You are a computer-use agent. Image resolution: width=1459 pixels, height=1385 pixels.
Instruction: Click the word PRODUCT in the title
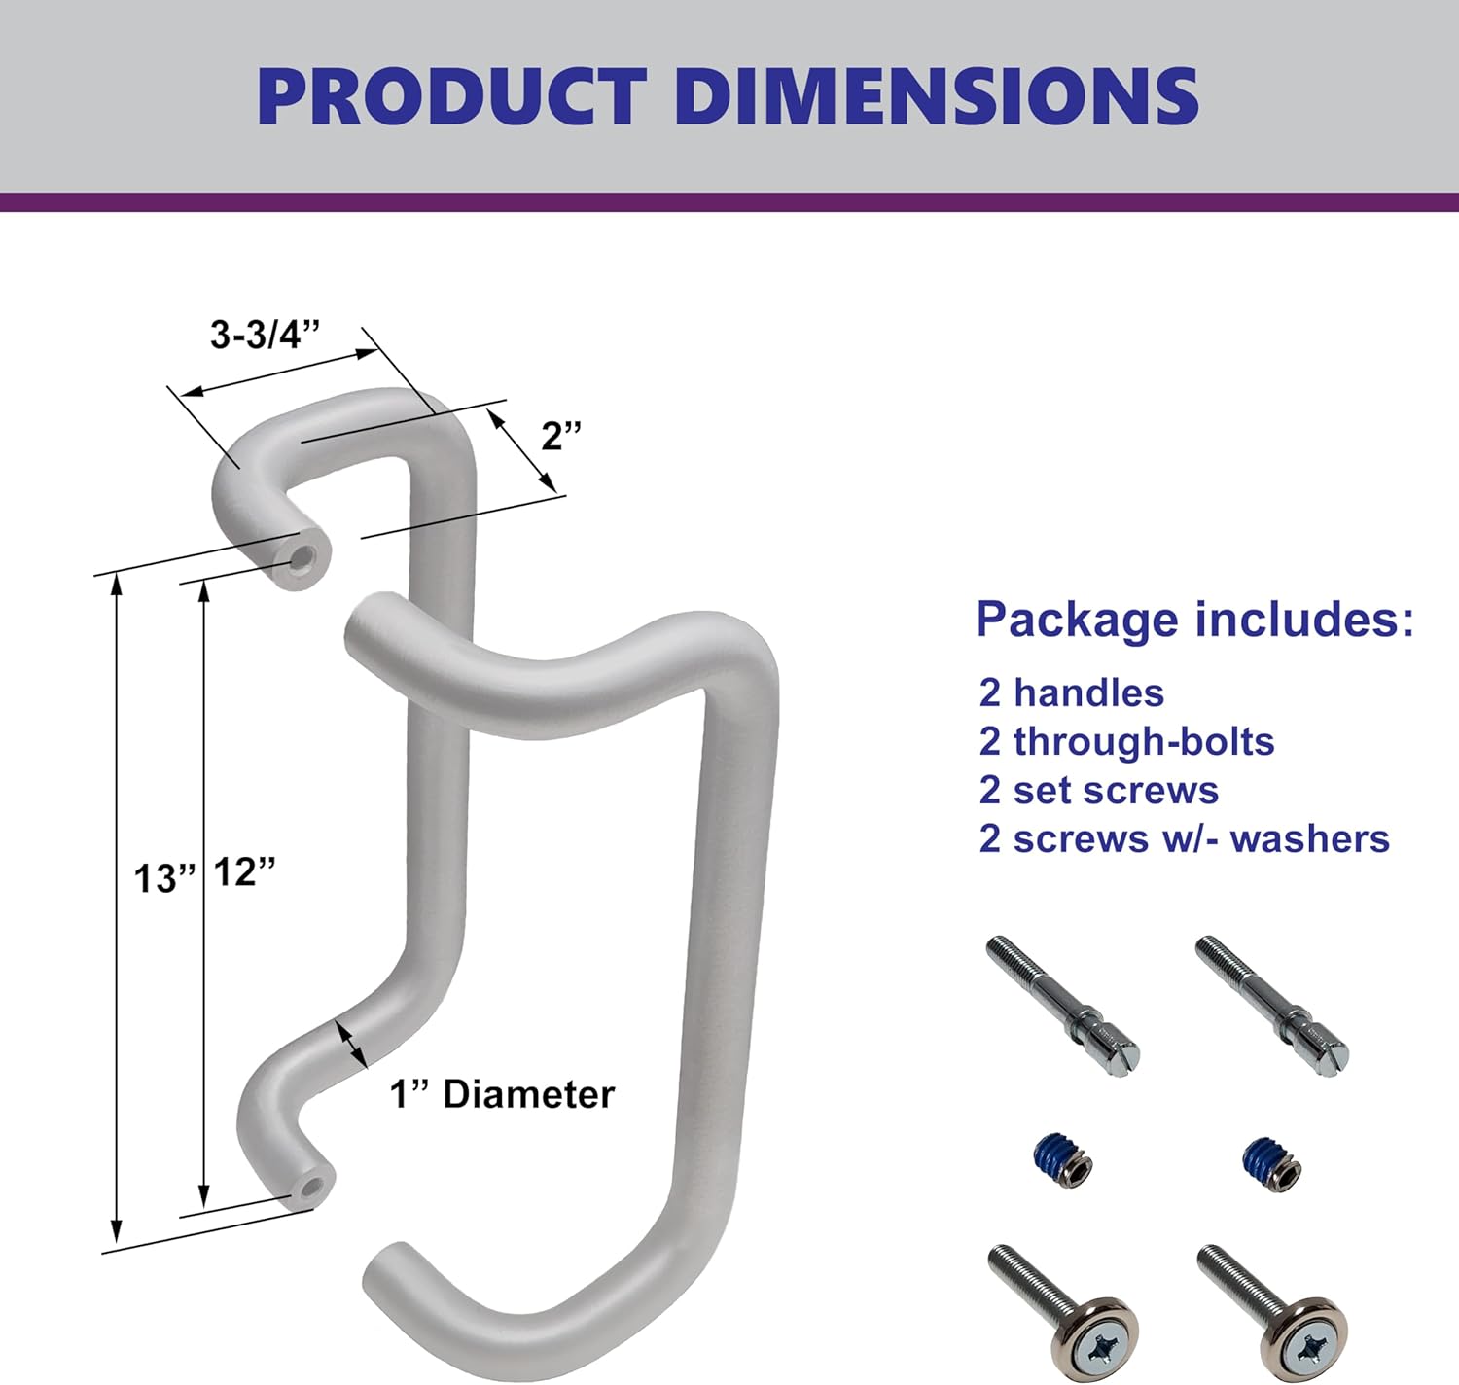point(452,96)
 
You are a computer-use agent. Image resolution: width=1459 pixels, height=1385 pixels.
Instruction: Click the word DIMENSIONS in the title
point(935,96)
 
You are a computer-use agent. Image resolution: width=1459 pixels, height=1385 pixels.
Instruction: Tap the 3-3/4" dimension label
point(265,335)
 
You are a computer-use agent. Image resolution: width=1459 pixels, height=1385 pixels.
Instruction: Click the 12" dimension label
point(244,871)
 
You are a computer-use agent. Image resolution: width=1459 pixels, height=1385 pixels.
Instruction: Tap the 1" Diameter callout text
point(502,1094)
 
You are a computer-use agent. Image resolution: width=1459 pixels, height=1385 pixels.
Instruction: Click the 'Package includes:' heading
point(1194,620)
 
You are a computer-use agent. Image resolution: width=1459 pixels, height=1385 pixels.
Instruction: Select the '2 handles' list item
point(1071,692)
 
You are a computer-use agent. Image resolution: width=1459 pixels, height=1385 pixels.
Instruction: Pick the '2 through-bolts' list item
point(1126,741)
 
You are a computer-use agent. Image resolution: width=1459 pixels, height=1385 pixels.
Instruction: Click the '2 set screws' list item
point(1098,790)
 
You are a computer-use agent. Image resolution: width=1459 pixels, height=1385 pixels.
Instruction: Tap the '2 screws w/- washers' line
point(1184,838)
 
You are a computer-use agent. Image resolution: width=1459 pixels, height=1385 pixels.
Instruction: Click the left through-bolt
point(1062,1004)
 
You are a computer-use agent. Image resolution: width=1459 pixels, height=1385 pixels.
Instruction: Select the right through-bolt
point(1271,1004)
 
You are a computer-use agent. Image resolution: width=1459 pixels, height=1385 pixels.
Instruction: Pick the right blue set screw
point(1272,1162)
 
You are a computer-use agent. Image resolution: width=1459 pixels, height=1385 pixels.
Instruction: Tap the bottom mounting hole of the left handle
point(312,1187)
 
